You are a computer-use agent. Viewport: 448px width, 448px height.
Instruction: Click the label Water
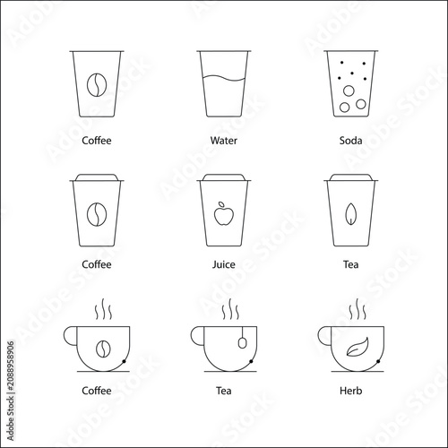click(x=224, y=141)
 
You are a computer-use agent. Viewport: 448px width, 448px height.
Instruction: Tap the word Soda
click(x=350, y=141)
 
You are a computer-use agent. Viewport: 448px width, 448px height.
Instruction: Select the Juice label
click(x=224, y=264)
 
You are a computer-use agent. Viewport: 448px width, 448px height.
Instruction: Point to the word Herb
click(x=351, y=391)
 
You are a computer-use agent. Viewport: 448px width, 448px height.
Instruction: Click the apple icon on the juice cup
click(x=224, y=213)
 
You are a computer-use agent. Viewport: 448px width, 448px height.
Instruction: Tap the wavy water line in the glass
click(x=224, y=78)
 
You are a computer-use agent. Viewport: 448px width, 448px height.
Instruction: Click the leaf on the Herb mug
click(x=358, y=347)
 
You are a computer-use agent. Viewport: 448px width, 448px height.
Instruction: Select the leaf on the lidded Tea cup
click(x=350, y=214)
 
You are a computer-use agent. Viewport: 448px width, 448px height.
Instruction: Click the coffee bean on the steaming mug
click(x=103, y=349)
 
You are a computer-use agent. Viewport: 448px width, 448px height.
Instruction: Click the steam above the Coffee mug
click(x=103, y=309)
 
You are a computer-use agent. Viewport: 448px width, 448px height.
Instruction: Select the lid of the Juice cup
click(x=224, y=177)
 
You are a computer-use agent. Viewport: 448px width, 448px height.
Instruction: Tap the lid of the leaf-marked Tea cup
click(x=351, y=177)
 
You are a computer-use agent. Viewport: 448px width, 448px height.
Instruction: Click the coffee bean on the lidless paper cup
click(x=97, y=85)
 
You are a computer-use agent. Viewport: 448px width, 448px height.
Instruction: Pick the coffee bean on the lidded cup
click(x=97, y=214)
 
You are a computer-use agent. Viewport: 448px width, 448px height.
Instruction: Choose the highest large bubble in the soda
click(x=349, y=90)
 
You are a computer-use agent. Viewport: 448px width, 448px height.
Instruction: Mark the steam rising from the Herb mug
click(x=358, y=309)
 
